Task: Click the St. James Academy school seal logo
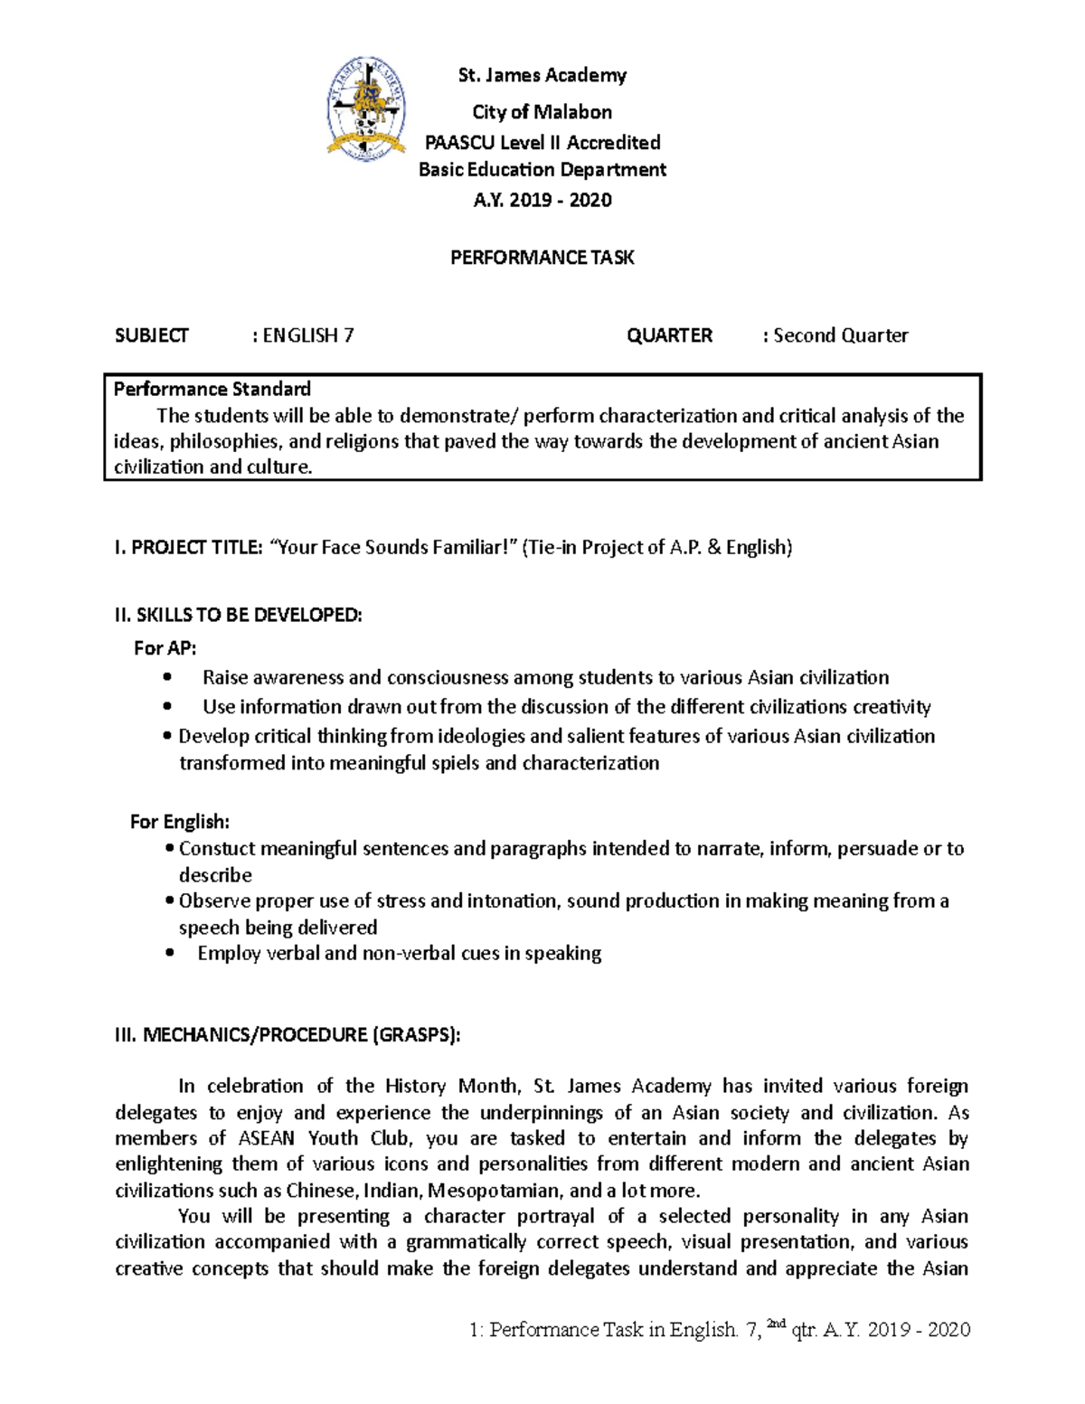point(366,108)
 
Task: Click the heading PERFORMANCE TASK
point(542,258)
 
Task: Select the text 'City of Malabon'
point(542,112)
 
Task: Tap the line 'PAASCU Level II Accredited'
point(542,142)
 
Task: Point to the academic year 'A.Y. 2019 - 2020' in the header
point(542,200)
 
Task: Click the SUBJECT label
point(152,335)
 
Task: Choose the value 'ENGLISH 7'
point(307,335)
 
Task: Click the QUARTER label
point(669,335)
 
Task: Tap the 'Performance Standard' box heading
point(212,390)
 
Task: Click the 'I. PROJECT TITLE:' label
point(188,547)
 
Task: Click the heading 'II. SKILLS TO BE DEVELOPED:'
point(239,616)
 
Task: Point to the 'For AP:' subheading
point(165,648)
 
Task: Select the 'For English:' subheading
point(180,822)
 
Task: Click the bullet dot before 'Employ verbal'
point(168,953)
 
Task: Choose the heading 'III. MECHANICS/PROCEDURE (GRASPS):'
point(288,1035)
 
